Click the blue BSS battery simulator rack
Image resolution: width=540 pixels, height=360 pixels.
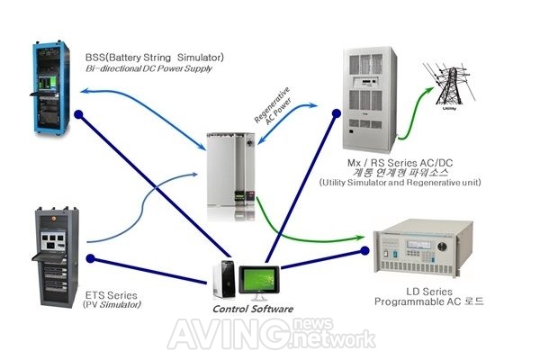pos(51,88)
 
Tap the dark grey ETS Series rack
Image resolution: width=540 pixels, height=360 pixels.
pos(56,257)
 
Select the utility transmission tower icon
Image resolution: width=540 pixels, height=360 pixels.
pos(449,86)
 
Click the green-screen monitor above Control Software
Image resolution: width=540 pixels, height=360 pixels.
pos(259,280)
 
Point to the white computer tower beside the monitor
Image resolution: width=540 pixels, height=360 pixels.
pos(224,279)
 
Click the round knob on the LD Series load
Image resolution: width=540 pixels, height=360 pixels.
pos(442,247)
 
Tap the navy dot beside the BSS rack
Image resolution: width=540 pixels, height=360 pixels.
pos(78,114)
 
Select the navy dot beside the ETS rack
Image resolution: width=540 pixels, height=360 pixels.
pos(90,258)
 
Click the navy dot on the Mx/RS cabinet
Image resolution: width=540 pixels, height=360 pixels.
pos(337,113)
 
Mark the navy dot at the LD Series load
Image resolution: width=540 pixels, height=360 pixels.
pos(364,250)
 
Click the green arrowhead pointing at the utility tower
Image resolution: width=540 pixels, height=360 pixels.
pos(429,91)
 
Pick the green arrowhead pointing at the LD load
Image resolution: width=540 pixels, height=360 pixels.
pos(359,238)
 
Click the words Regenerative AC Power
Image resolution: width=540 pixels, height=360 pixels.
pos(273,106)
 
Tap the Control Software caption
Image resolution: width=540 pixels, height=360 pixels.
pos(253,309)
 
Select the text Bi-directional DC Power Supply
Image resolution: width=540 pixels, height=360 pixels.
pos(148,68)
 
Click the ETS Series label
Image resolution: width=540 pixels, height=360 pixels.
pos(111,295)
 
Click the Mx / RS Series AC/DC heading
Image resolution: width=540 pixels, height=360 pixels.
pos(400,163)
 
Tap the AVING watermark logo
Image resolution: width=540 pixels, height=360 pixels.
pos(272,334)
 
